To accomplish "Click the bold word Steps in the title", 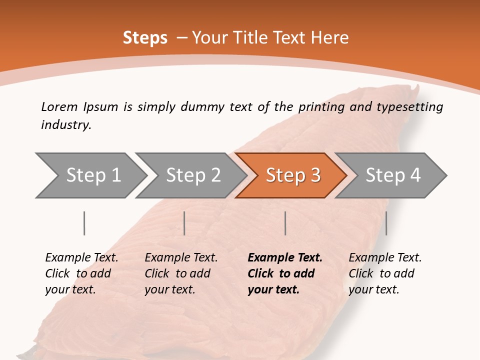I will tap(145, 38).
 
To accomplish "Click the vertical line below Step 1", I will tap(84, 223).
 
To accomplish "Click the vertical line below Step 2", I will tap(184, 223).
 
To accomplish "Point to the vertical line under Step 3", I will tap(285, 223).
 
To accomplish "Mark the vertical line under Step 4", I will tap(386, 223).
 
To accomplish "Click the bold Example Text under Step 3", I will tap(285, 258).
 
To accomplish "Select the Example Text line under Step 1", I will tap(81, 258).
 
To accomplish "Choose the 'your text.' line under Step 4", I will tap(373, 289).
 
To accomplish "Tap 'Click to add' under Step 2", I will tap(177, 274).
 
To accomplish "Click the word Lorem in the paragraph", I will tap(59, 106).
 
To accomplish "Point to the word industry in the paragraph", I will tap(66, 125).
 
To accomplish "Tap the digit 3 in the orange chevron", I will tap(315, 175).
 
